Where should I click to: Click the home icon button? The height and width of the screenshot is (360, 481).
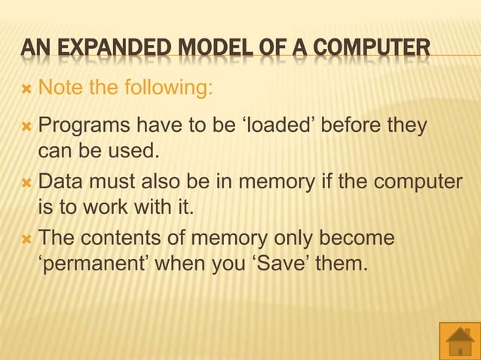[459, 340]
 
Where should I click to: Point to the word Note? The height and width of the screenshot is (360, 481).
[60, 90]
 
